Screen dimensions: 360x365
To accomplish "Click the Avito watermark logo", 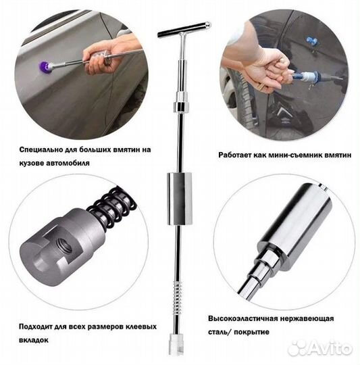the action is coord(319,348).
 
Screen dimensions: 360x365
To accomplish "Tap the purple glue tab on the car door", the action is coord(43,67).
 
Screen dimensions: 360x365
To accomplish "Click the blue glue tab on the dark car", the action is coord(311,43).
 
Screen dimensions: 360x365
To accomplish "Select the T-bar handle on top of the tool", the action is coord(184,30).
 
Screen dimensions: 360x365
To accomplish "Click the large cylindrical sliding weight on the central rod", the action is coord(180,199).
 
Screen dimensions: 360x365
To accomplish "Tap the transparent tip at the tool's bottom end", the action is coord(176,344).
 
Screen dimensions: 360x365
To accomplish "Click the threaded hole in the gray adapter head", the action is coord(65,246).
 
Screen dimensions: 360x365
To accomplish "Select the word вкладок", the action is coord(34,340).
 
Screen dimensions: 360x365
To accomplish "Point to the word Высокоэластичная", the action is coord(242,318).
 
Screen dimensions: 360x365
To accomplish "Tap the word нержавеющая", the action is coord(307,318).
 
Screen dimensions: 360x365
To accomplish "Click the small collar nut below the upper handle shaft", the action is coord(181,107).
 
